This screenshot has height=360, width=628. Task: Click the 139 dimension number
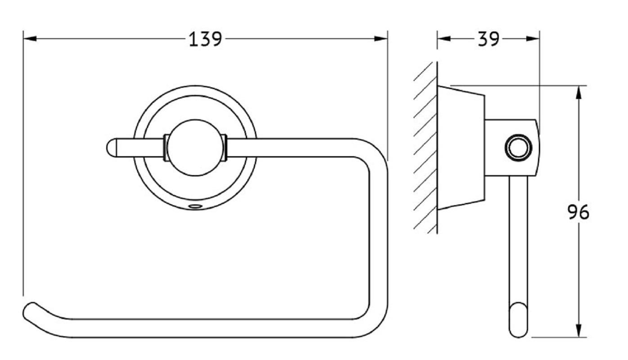coord(205,39)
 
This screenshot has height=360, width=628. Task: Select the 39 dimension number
coord(488,39)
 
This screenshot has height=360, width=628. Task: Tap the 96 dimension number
coord(578,212)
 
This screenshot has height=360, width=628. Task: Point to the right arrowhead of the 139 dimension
coord(381,39)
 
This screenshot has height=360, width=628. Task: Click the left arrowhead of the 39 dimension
coord(444,39)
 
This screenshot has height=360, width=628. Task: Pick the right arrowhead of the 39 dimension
coord(533,39)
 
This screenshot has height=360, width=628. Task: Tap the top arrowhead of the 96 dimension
coord(578,92)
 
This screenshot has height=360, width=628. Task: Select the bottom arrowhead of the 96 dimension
coord(578,331)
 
